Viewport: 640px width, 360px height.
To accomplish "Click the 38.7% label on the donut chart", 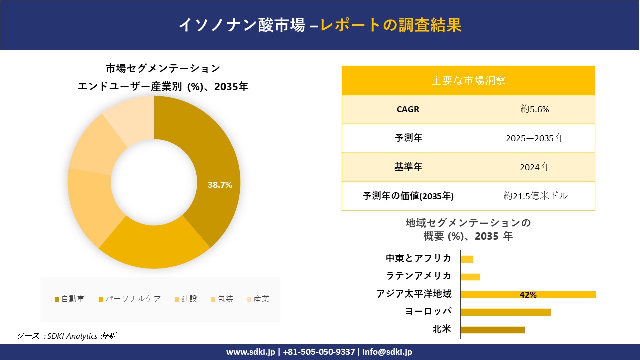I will pos(220,185).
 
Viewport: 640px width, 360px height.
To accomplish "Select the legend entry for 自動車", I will pos(69,299).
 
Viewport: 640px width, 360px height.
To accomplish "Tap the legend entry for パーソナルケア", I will pos(130,299).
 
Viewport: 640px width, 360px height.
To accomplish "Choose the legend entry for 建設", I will pos(185,299).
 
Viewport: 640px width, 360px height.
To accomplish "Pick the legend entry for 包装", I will pos(221,299).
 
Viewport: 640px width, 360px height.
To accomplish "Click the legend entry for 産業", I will pos(257,299).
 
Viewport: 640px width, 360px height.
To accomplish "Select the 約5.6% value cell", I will pos(534,109).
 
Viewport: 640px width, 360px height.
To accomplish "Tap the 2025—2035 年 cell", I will pos(534,138).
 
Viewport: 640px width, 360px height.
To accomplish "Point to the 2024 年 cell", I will pos(534,167).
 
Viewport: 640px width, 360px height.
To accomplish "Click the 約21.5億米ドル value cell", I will pos(535,196).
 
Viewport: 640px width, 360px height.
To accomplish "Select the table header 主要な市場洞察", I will pos(468,80).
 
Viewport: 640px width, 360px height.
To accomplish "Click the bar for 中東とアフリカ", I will pos(467,259).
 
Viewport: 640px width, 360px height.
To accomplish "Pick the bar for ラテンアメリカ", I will pos(470,277).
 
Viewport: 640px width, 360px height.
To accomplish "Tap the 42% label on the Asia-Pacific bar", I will pos(528,295).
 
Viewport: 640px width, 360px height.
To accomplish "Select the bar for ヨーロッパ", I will pos(506,312).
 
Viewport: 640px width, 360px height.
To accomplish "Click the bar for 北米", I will pos(493,330).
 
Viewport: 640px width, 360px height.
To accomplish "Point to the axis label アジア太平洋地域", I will pos(414,294).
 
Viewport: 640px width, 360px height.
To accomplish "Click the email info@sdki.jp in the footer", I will pos(388,352).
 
